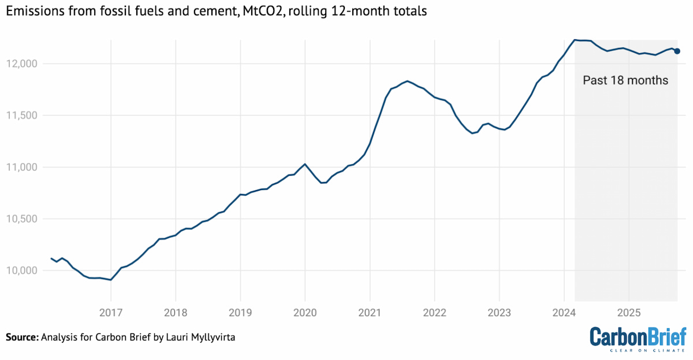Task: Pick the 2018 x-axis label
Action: pyautogui.click(x=175, y=313)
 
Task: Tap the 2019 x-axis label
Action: pyautogui.click(x=240, y=313)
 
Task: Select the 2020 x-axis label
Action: pyautogui.click(x=305, y=313)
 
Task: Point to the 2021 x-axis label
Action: pyautogui.click(x=370, y=313)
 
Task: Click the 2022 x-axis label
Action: pyautogui.click(x=434, y=313)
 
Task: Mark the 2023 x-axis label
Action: pyautogui.click(x=499, y=313)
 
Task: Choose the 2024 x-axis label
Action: pyautogui.click(x=564, y=313)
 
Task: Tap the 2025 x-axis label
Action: pyautogui.click(x=629, y=313)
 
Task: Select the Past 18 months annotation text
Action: pyautogui.click(x=625, y=80)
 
